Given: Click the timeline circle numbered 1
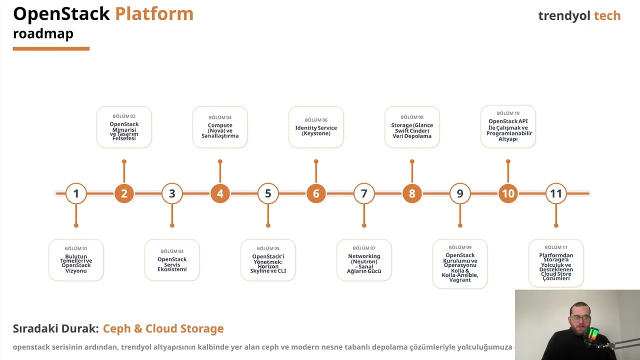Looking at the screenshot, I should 76,193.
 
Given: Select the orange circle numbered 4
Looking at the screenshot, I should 220,193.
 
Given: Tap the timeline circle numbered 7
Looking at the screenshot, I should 364,193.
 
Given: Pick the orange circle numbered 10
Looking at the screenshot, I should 508,193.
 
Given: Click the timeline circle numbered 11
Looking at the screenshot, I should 556,193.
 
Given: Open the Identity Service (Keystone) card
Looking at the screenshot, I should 316,127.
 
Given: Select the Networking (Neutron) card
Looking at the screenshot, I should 364,260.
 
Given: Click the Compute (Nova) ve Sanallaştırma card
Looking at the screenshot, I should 220,127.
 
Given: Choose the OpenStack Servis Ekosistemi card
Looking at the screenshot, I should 172,260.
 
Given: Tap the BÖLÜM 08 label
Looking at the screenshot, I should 412,117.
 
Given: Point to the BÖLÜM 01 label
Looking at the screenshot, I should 76,248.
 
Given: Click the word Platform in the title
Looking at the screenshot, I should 154,14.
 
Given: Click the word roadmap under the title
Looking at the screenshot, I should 43,33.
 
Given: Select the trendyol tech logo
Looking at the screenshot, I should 579,15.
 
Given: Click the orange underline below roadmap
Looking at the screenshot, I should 51,48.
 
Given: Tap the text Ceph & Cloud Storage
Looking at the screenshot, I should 163,328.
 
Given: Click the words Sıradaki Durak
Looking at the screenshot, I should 55,328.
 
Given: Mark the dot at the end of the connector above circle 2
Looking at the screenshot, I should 124,161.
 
